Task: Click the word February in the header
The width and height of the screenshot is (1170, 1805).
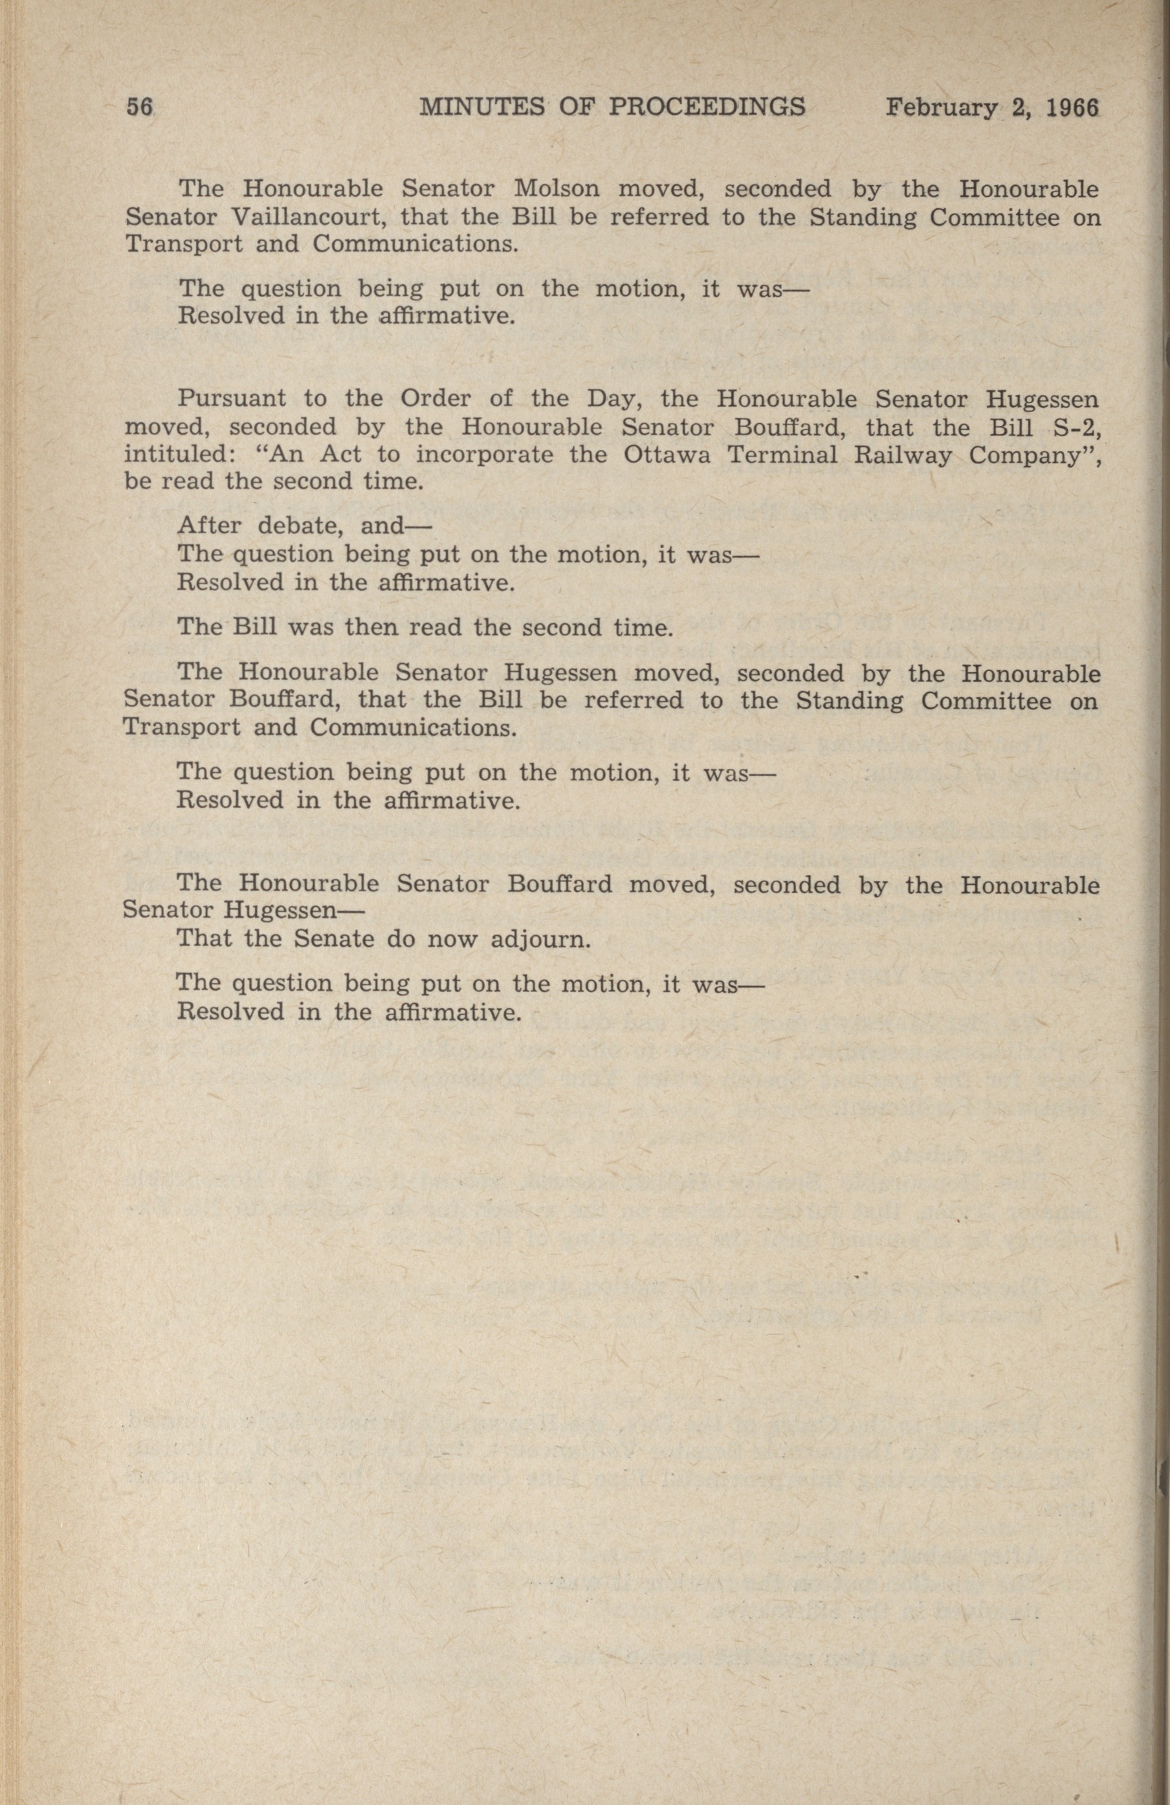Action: tap(941, 109)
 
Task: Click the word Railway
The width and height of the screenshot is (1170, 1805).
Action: tap(901, 455)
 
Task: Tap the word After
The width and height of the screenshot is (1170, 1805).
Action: tap(208, 526)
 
